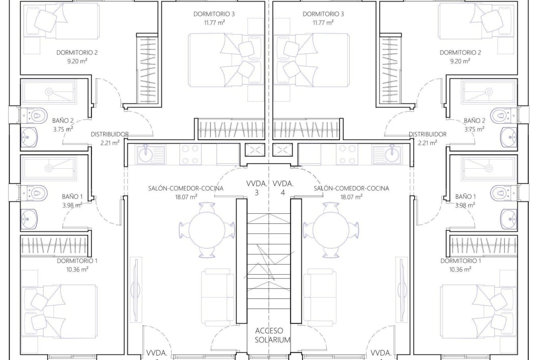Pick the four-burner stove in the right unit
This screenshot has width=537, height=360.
(347, 155)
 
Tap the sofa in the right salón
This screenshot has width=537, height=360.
(319, 297)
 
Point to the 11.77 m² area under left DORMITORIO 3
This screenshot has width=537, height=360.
(214, 22)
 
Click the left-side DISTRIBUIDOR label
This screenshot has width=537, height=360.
(110, 134)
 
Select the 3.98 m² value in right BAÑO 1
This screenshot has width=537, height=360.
(465, 205)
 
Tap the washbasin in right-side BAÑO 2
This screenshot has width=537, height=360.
(508, 138)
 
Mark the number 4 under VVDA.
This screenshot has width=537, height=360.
(283, 192)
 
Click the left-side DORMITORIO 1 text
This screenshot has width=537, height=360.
(77, 261)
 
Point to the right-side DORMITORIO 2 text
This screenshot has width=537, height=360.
(460, 52)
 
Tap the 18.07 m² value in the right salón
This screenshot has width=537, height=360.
(352, 197)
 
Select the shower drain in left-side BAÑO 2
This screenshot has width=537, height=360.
(49, 92)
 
